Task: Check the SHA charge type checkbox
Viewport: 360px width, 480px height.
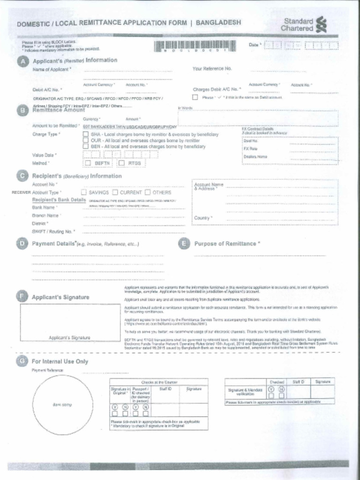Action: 86,135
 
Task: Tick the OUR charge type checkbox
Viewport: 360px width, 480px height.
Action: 86,141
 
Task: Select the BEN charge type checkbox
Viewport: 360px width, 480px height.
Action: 86,146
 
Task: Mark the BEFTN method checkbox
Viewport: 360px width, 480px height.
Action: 88,163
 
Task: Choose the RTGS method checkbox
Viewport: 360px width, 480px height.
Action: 121,163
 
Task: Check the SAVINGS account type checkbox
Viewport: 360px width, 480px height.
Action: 84,192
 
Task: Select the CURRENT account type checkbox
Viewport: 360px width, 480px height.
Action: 115,192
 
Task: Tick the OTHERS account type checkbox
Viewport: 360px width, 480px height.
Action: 148,192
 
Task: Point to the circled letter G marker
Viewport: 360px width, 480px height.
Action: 22,361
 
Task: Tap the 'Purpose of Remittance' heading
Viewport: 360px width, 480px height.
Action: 225,244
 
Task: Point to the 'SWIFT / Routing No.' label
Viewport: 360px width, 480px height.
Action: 52,232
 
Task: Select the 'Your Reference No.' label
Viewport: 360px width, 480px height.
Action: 212,68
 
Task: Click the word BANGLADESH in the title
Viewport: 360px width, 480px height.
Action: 218,22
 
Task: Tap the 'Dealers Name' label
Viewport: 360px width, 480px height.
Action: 255,157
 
